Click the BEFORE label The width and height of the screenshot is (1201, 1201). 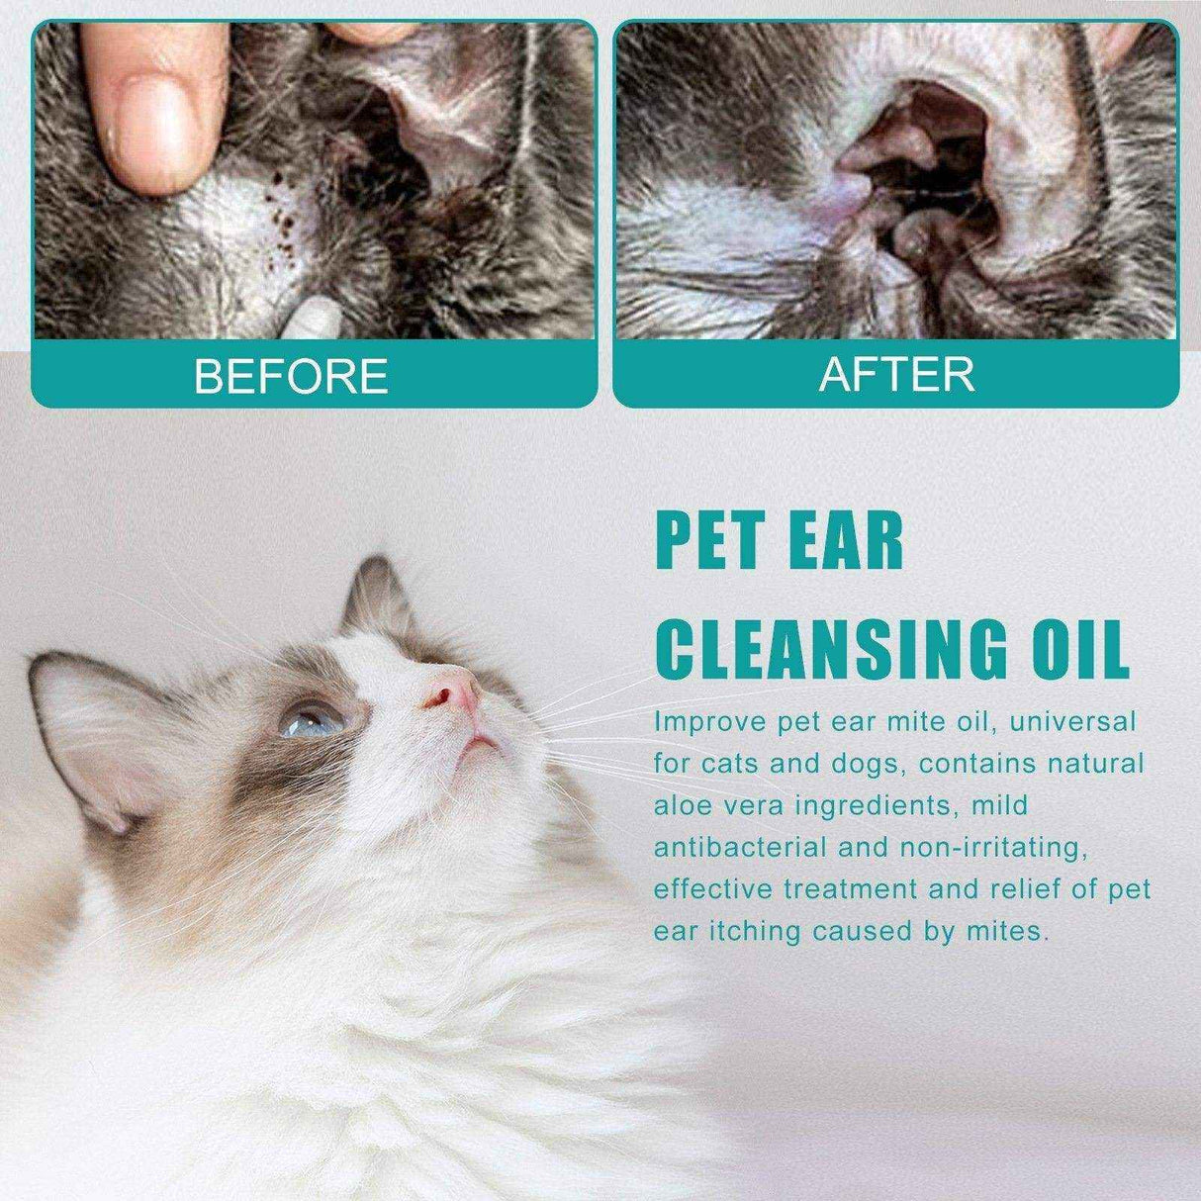(x=290, y=376)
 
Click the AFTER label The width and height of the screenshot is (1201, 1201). (x=896, y=374)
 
